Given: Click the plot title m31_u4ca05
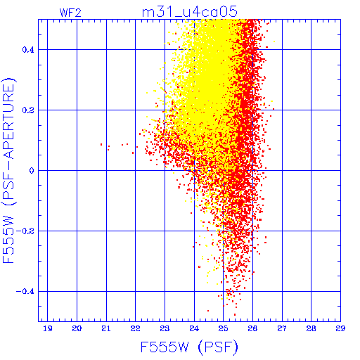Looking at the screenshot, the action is (x=190, y=12).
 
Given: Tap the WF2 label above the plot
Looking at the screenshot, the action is (x=70, y=13).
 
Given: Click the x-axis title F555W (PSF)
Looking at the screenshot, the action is (x=189, y=347).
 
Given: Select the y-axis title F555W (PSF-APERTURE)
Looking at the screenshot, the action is (x=9, y=170).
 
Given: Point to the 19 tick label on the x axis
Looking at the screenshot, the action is (x=48, y=328).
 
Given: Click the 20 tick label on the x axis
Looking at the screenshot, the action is (x=77, y=328).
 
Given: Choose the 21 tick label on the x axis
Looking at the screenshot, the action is (x=106, y=328).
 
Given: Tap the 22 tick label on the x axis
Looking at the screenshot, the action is (x=136, y=328).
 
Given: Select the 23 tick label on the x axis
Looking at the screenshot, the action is (x=165, y=328).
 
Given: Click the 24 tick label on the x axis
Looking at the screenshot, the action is (x=194, y=328).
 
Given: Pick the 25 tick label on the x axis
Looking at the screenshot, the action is (x=224, y=328).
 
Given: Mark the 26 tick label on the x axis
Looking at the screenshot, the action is (x=252, y=328).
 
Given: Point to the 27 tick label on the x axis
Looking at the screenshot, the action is (x=282, y=328).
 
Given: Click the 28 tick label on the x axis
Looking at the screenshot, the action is (x=311, y=328).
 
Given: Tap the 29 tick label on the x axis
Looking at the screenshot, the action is (x=340, y=328).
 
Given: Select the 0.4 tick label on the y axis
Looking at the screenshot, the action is (x=28, y=50).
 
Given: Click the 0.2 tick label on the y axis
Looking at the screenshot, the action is (x=28, y=110).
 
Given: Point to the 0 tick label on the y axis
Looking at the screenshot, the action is (x=32, y=171).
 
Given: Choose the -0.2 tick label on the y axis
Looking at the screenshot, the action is (x=25, y=231).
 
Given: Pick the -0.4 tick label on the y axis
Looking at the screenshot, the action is (x=25, y=292).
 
